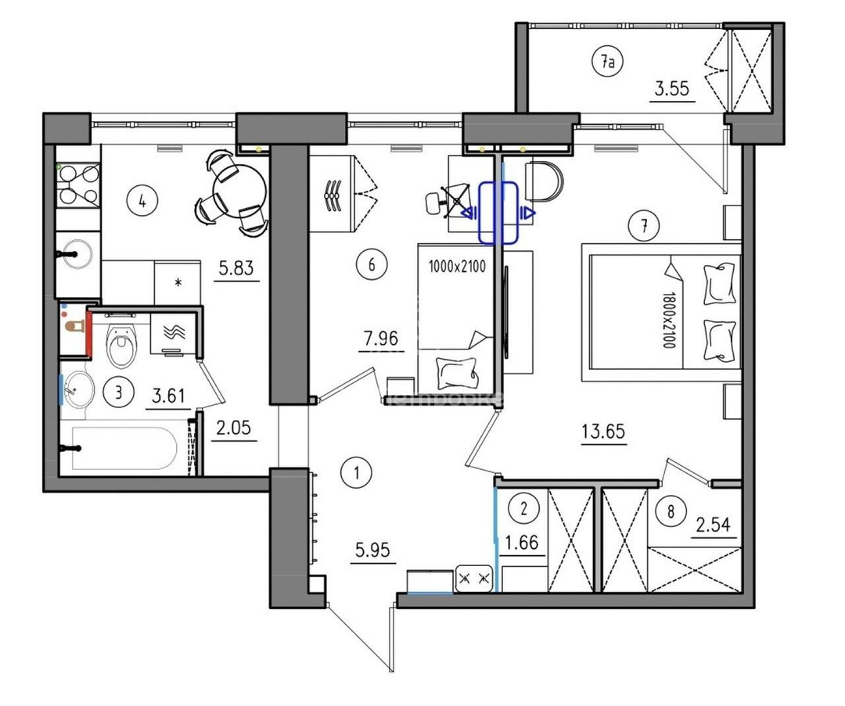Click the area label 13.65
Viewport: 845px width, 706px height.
603,432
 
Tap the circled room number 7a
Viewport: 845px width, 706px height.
607,63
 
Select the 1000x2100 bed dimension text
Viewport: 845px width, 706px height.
457,266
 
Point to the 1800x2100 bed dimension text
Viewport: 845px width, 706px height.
668,320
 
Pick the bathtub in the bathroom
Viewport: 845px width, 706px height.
124,449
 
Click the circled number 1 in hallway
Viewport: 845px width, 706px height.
356,473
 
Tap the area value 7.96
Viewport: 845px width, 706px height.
381,339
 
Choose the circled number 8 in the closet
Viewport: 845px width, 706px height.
671,511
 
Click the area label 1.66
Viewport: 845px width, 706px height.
522,543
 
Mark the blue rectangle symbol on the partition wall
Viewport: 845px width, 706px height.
498,213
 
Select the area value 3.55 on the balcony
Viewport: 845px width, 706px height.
672,88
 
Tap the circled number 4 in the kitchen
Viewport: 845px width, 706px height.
142,202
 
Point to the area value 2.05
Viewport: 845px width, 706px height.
233,428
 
